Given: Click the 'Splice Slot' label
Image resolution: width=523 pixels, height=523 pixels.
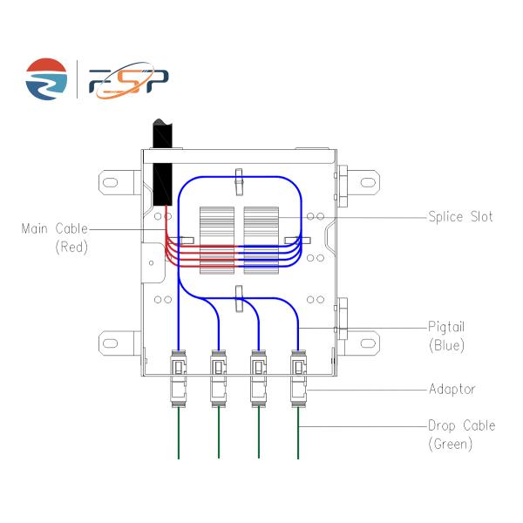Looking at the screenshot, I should tap(459, 216).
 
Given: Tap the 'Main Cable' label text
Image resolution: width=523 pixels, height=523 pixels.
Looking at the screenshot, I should tap(55, 229).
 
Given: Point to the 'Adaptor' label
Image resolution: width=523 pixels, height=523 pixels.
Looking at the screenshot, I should tap(451, 389).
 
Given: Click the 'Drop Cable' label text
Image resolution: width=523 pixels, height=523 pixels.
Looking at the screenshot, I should tap(461, 425).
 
